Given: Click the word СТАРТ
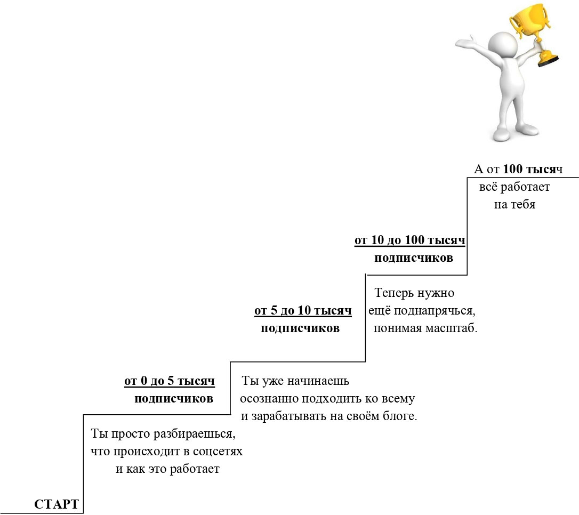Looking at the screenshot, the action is (x=57, y=504).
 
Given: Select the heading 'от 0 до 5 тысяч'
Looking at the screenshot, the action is (x=170, y=381).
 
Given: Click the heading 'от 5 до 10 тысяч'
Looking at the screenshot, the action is (x=303, y=310).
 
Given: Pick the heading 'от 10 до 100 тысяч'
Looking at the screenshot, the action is (x=409, y=240).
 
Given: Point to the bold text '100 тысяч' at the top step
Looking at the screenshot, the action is (x=533, y=169).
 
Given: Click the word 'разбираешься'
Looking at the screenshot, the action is (x=194, y=434).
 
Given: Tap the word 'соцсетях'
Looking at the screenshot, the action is (x=218, y=452).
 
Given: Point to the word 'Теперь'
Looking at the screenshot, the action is (x=394, y=293).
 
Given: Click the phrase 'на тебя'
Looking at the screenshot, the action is (x=514, y=205).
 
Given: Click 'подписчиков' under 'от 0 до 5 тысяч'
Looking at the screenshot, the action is (x=174, y=399).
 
